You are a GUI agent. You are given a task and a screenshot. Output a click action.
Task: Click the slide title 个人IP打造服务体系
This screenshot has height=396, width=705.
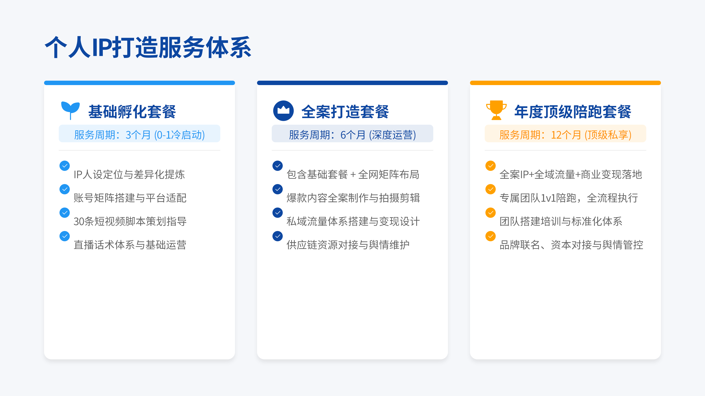[x=148, y=47]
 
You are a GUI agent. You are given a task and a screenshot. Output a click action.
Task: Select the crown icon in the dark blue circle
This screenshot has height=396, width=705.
[x=283, y=111]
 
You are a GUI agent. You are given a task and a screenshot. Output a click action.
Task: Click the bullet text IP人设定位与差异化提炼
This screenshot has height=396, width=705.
[x=129, y=174]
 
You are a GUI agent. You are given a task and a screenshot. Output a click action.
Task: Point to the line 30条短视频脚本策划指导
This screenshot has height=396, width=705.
[x=130, y=221]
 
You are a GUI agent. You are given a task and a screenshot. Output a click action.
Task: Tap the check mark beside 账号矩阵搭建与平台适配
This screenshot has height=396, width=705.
[x=65, y=189]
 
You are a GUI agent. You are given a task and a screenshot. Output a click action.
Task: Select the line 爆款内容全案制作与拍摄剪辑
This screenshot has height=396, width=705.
[x=353, y=198]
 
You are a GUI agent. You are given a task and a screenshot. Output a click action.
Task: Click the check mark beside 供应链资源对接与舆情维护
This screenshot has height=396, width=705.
[x=278, y=236]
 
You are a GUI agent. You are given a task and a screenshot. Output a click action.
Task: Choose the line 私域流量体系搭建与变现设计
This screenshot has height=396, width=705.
[x=353, y=221]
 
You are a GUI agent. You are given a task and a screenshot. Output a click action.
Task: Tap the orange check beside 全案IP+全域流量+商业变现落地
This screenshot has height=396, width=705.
[x=490, y=166]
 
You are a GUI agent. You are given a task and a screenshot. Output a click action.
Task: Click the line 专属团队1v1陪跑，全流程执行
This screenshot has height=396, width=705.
[x=569, y=198]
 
